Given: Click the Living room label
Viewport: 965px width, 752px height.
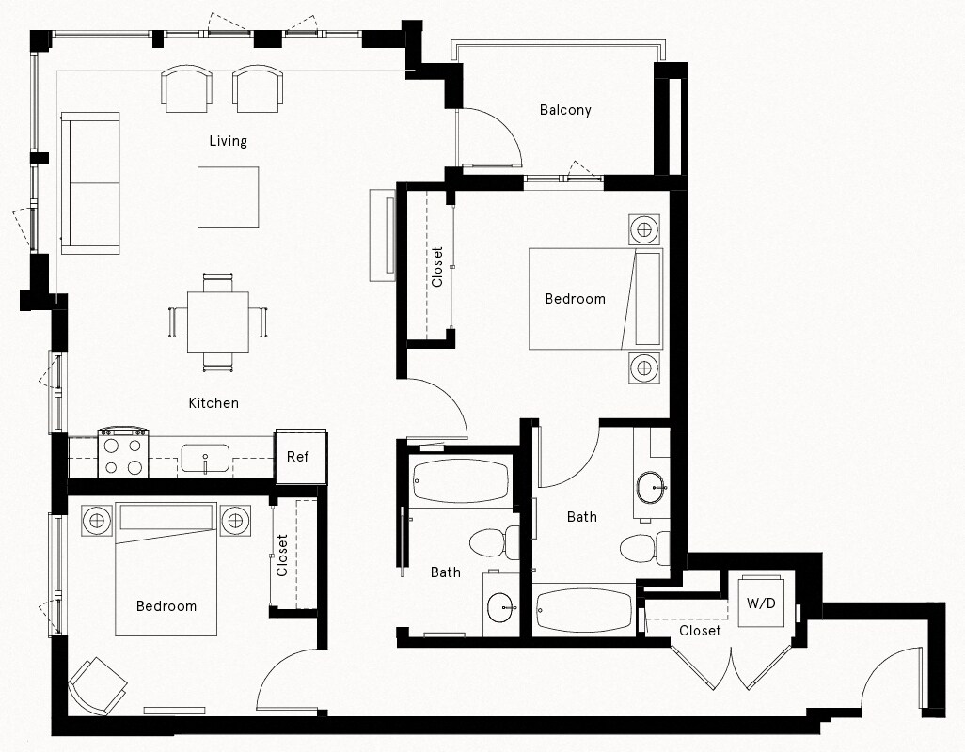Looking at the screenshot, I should pyautogui.click(x=228, y=141).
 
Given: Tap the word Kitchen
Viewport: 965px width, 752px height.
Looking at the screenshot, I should pyautogui.click(x=214, y=403).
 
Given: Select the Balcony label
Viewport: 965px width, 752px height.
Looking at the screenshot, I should pyautogui.click(x=565, y=110).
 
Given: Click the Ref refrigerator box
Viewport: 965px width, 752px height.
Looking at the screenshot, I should pyautogui.click(x=299, y=457).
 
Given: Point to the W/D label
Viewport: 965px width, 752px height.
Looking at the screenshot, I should pyautogui.click(x=761, y=603).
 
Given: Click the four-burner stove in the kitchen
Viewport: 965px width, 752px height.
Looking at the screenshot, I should pyautogui.click(x=124, y=453).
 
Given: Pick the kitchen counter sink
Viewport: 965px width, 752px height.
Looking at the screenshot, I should pyautogui.click(x=204, y=459).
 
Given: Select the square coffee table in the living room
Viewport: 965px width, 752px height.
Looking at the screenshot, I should pyautogui.click(x=228, y=197).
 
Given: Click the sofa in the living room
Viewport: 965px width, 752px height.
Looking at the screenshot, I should pyautogui.click(x=90, y=183).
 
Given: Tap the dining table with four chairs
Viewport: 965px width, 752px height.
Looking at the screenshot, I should pyautogui.click(x=217, y=321).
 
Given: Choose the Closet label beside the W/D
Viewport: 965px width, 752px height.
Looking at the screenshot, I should pyautogui.click(x=700, y=631).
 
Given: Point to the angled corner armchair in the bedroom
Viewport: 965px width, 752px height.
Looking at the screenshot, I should pyautogui.click(x=97, y=684).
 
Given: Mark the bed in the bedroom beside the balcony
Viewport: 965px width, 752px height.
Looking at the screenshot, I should pyautogui.click(x=594, y=298).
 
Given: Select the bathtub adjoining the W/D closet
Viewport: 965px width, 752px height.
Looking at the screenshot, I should pyautogui.click(x=583, y=610).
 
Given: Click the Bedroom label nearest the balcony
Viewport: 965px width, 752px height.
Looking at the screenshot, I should pyautogui.click(x=575, y=299).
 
